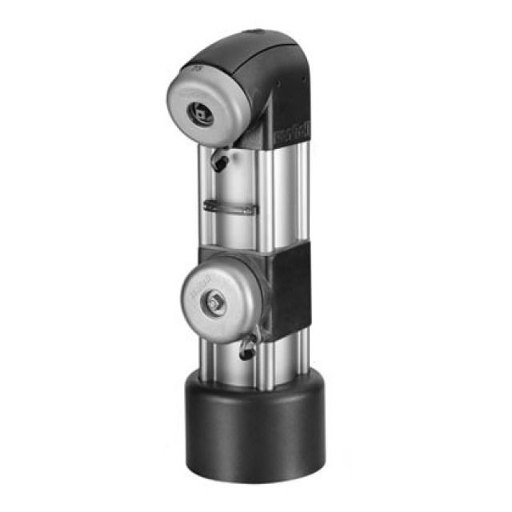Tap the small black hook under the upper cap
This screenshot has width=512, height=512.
pos(221,162)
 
